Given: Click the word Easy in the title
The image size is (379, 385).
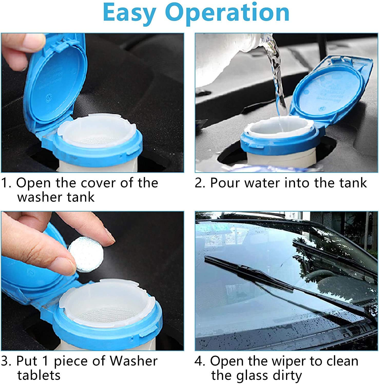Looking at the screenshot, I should [x=129, y=13].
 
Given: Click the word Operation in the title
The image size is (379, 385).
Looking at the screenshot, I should [x=228, y=13].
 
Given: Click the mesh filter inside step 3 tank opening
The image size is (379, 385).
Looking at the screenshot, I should [x=103, y=314].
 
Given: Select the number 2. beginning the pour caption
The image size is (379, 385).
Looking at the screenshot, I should [x=200, y=183].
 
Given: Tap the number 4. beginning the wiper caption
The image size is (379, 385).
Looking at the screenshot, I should [x=200, y=361].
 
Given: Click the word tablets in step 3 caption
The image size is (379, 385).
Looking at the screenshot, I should [x=39, y=375].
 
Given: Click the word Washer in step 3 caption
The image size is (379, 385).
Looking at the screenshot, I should [x=134, y=361].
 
